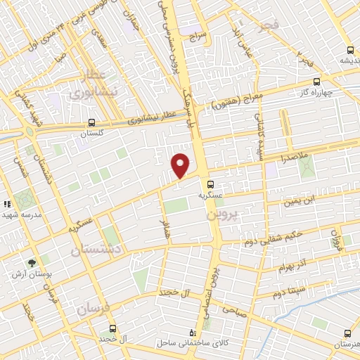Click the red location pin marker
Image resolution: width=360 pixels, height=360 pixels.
[181, 165]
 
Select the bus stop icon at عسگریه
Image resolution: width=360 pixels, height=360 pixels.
[212, 184]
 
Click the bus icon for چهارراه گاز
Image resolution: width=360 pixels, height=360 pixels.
[316, 81]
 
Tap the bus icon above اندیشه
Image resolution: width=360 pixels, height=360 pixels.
[350, 49]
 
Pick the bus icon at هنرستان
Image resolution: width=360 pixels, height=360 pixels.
[347, 333]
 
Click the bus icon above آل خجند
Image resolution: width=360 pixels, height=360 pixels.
[112, 328]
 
